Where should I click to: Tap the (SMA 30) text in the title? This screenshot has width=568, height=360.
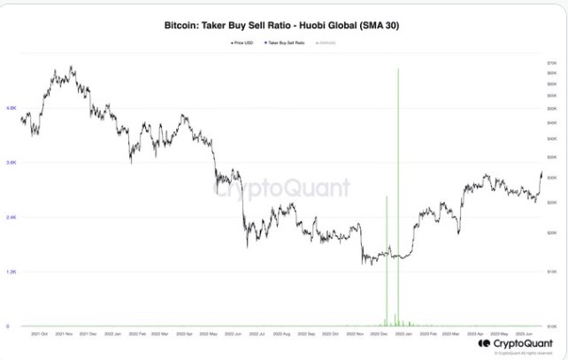pos(376,27)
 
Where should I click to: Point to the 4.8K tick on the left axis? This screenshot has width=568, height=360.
pos(12,108)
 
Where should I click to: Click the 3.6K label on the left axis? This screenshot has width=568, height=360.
pos(12,163)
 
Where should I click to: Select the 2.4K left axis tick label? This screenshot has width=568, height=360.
pos(12,218)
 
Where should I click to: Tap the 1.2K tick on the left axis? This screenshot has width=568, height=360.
pos(12,272)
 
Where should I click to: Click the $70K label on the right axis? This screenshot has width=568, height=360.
pos(552,65)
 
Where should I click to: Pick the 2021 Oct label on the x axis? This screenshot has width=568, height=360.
pos(39,334)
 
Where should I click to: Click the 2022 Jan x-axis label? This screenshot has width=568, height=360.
pos(112,334)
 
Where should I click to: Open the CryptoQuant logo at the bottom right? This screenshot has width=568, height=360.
pos(513,343)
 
